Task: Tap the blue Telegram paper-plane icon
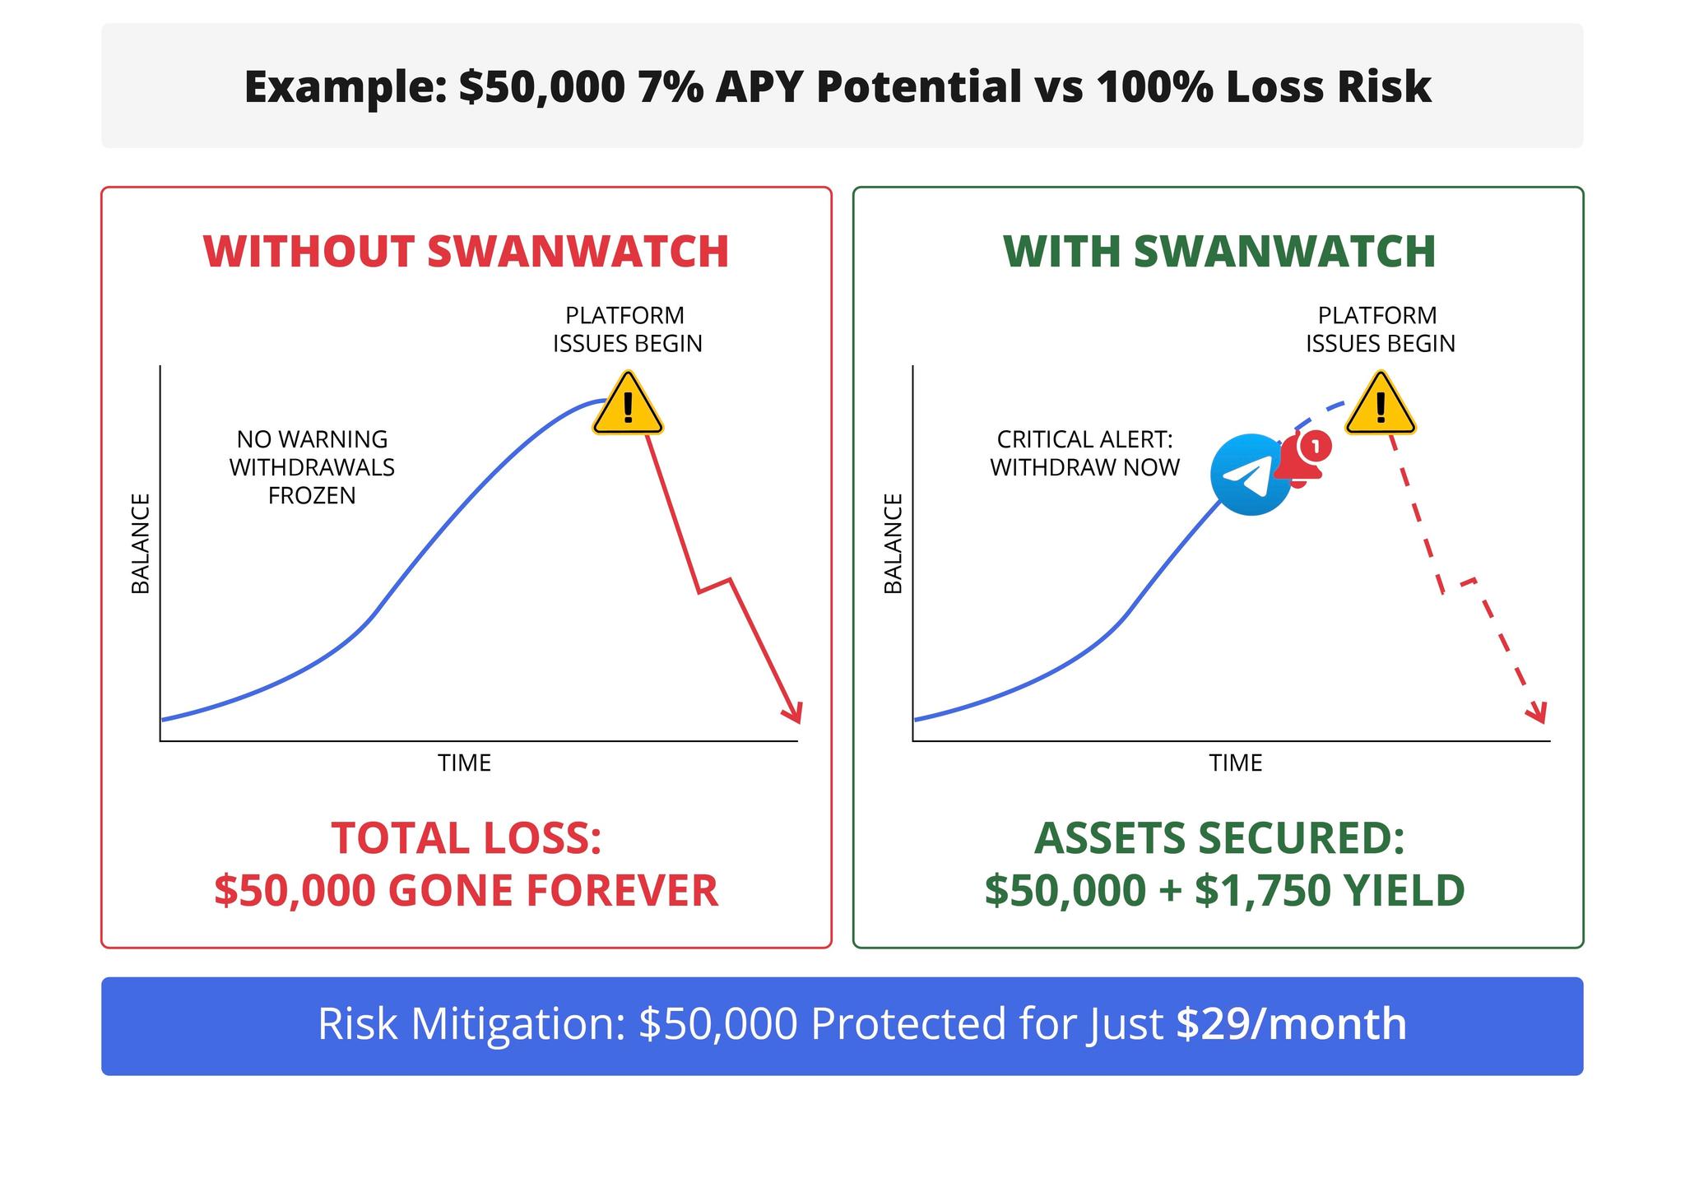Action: coord(1251,475)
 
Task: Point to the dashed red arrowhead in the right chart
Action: coord(1537,713)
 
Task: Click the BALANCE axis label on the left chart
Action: coord(141,543)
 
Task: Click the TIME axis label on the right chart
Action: coord(1235,763)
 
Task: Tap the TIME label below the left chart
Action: coord(464,763)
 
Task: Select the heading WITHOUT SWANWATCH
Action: coord(466,252)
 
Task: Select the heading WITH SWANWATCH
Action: coord(1219,252)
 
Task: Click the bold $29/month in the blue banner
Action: coord(1291,1024)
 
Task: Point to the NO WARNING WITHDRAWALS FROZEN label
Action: coord(312,467)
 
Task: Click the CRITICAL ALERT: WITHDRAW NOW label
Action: coord(1084,453)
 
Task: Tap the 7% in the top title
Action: coord(670,86)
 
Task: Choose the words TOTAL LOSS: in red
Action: coord(467,838)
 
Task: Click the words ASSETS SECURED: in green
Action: coord(1219,838)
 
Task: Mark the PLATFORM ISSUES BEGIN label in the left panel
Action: coord(627,329)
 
